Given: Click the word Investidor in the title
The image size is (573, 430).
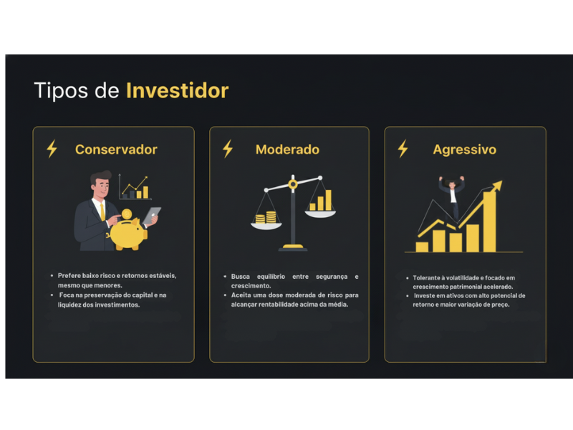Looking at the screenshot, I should [x=177, y=91].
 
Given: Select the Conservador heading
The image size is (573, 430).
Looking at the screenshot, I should [x=116, y=150].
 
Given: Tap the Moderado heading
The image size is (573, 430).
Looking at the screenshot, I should [x=287, y=150].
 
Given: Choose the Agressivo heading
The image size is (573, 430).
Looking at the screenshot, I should [x=464, y=150].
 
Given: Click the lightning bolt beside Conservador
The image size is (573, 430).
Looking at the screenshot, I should [x=52, y=149].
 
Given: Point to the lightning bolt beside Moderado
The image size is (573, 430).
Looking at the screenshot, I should [x=228, y=149].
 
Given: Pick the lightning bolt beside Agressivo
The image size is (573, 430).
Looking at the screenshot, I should [x=403, y=149].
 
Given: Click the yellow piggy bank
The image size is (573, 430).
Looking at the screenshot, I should [x=126, y=229].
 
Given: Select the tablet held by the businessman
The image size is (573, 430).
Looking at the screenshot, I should [x=153, y=214].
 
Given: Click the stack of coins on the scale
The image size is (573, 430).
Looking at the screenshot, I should [x=270, y=218].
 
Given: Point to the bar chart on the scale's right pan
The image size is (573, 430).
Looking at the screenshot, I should [x=321, y=201].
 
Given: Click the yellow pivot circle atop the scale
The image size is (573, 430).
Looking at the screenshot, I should [x=292, y=185].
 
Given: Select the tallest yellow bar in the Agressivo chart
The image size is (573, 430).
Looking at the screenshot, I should [x=489, y=222].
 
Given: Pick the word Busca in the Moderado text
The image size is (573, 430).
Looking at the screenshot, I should [x=241, y=276].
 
